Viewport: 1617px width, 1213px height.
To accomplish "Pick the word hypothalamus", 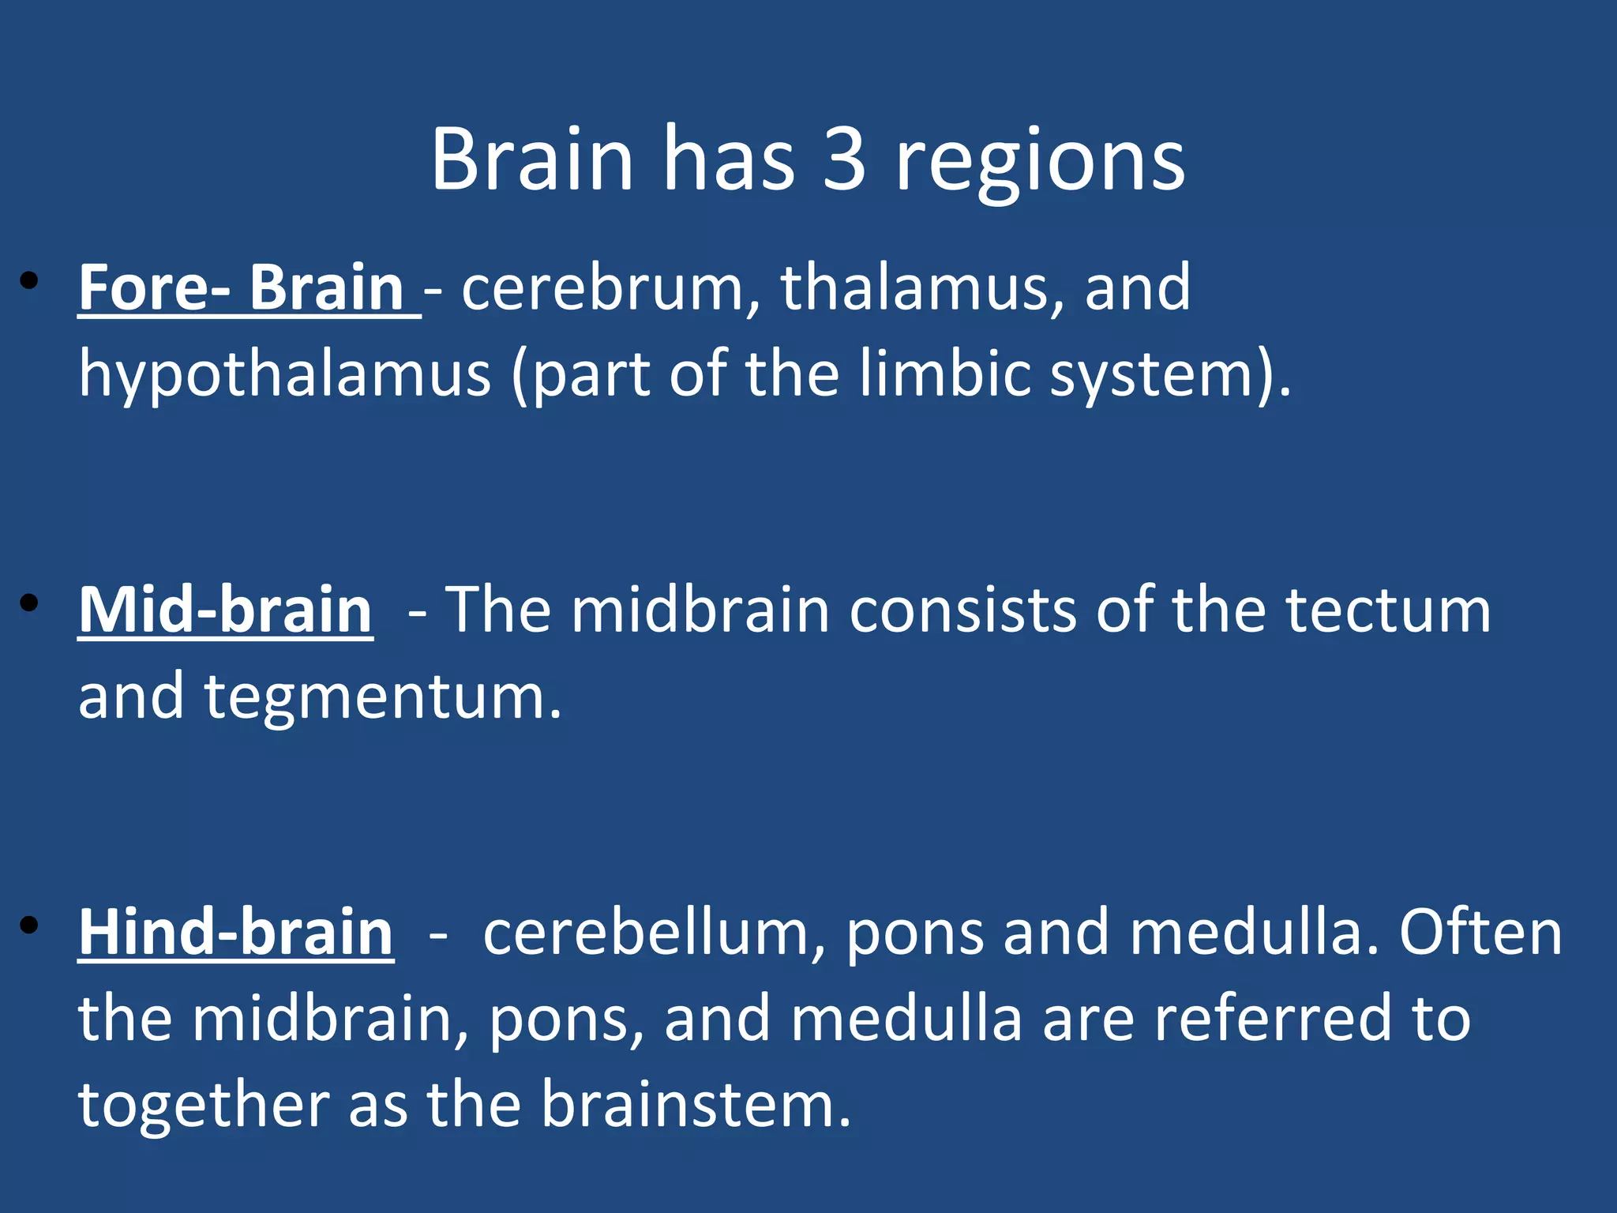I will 284,374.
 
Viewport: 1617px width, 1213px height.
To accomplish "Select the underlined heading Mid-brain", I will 225,610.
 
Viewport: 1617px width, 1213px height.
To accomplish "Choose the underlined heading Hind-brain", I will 235,933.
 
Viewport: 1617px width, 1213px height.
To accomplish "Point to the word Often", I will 1480,933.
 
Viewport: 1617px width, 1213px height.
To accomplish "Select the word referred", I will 1272,1019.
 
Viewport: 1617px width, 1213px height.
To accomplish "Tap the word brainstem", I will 695,1105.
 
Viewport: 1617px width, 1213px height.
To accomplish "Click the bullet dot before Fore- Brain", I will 29,280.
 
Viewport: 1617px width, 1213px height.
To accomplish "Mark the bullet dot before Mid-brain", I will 29,603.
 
